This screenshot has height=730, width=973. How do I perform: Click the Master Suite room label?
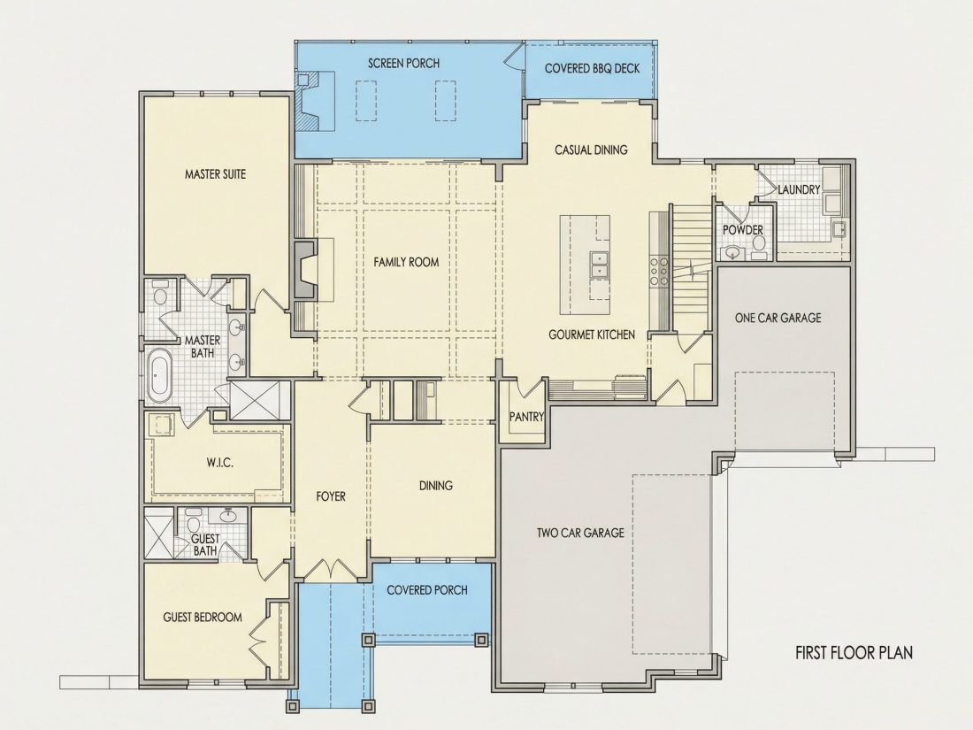(215, 173)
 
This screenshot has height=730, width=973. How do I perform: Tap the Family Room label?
(406, 262)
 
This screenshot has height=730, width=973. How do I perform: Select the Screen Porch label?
(403, 63)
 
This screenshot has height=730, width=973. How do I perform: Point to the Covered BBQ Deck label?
(592, 67)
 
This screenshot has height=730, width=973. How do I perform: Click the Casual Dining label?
(591, 150)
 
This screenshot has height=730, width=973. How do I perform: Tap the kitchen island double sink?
(599, 264)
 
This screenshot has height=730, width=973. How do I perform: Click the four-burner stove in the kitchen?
(658, 272)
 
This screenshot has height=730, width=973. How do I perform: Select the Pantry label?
(526, 417)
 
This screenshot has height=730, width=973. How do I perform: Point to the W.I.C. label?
(219, 463)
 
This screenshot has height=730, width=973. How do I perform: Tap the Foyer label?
(330, 496)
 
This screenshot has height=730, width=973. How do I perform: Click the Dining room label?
(435, 485)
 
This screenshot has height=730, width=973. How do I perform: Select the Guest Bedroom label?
(203, 617)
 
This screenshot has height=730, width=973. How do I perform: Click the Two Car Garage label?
(580, 532)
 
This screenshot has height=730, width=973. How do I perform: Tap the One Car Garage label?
(778, 318)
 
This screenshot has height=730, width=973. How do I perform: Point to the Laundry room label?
(799, 189)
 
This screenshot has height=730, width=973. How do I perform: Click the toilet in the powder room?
(758, 250)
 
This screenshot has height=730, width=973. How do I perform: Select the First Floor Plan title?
(854, 652)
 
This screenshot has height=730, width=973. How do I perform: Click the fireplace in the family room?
(305, 270)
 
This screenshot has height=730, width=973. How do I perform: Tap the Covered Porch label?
(427, 589)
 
